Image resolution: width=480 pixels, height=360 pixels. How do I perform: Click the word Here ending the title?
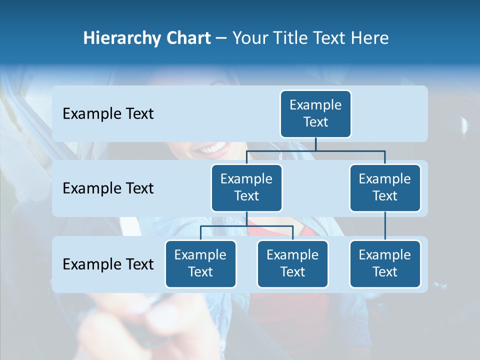point(370,38)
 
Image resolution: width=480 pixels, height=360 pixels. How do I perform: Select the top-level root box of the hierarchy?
point(315,113)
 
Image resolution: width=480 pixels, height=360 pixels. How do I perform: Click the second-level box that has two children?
point(246,187)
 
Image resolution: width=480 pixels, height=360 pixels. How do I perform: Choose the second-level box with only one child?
point(385,187)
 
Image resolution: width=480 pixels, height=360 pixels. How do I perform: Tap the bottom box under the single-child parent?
point(385,263)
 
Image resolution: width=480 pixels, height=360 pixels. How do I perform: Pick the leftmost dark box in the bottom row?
point(200,263)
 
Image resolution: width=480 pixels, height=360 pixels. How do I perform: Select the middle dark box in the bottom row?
point(292,263)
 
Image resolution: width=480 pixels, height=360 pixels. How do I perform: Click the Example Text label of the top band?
point(108,114)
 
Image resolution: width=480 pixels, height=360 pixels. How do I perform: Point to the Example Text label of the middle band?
point(108,188)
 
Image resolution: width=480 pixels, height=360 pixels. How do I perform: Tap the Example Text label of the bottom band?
point(108,264)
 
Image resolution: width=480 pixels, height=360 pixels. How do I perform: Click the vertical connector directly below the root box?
point(315,144)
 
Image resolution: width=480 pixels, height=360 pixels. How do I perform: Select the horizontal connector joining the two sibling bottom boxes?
point(246,226)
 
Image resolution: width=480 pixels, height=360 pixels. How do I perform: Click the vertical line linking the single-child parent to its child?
point(385,226)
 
